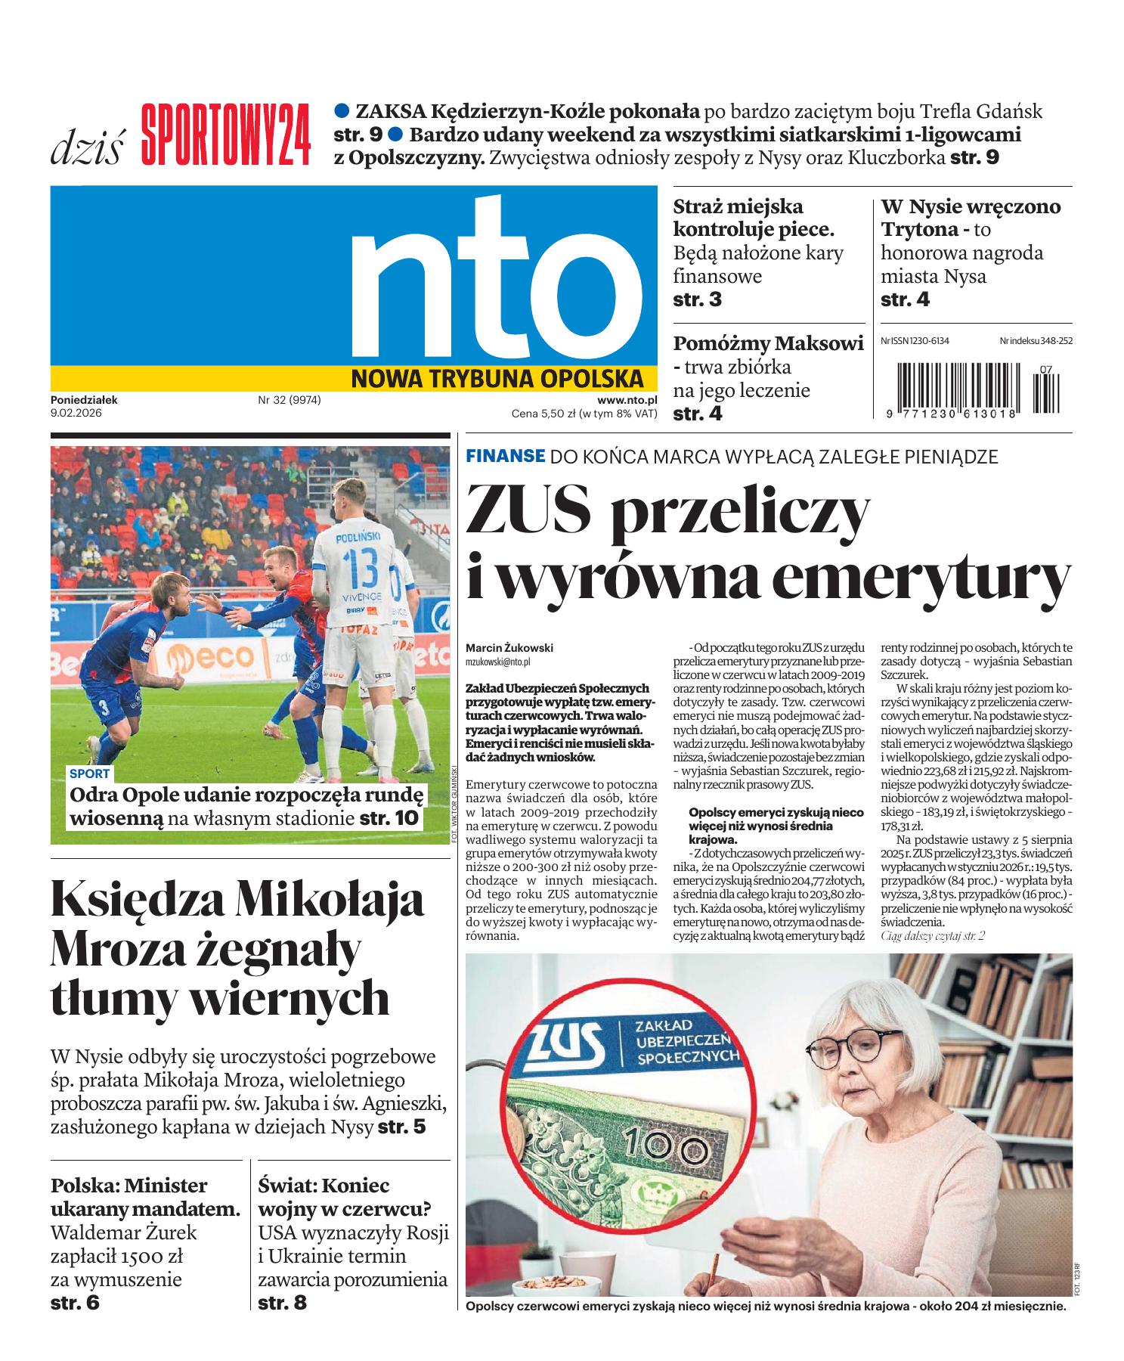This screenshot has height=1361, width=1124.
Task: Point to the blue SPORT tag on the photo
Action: [89, 774]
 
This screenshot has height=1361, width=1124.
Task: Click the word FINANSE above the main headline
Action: [505, 456]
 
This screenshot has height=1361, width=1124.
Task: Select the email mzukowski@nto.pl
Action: [498, 662]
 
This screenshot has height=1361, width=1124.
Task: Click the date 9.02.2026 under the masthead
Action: [76, 414]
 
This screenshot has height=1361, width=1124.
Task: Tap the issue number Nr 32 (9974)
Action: [290, 401]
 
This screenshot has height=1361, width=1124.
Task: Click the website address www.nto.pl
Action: [627, 401]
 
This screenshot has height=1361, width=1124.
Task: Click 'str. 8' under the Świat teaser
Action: [282, 1304]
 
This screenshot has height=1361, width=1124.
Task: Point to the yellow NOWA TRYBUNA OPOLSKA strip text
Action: [497, 378]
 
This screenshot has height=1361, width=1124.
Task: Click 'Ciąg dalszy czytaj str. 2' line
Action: [933, 936]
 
